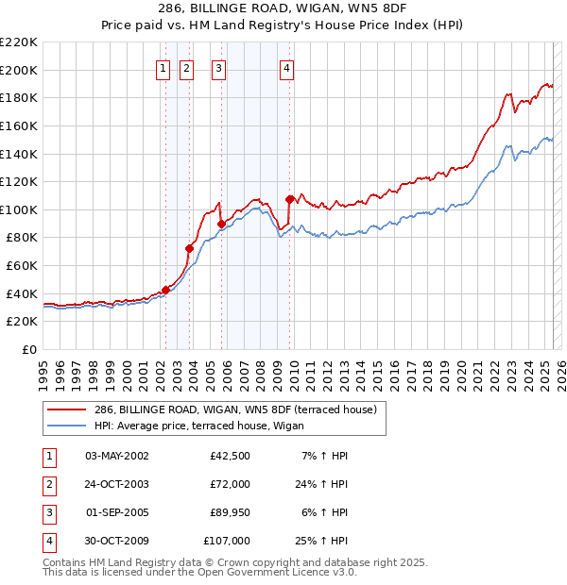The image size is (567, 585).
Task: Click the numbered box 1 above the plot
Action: pos(163,67)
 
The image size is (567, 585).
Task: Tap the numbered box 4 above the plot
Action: pos(285,67)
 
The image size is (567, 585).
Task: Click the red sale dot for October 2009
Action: pos(289,199)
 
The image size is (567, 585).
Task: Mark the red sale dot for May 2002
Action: pos(165,290)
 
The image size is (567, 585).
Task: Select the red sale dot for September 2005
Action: pos(221,224)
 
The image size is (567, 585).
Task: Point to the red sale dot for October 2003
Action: pos(190,249)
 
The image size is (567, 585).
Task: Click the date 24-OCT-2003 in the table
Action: pos(116,483)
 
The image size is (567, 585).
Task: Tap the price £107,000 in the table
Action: pos(227,541)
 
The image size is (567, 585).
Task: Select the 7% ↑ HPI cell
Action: pos(324,455)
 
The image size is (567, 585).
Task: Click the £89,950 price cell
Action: pos(227,512)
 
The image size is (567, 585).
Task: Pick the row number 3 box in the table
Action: pos(48,512)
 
